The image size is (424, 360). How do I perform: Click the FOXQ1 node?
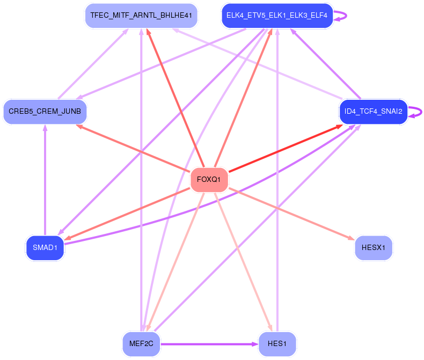pos(209,179)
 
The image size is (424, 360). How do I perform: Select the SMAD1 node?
pos(45,247)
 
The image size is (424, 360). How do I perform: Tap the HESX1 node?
pos(374,247)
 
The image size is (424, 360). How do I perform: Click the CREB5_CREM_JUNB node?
pos(45,112)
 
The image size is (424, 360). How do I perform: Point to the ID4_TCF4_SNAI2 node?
pos(374,112)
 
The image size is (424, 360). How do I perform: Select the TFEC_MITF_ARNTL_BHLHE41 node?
pos(142,16)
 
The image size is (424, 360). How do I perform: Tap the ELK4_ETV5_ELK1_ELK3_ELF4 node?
pos(277,16)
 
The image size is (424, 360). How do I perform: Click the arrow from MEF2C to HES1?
pos(209,343)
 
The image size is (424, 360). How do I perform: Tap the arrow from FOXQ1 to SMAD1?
pos(129,212)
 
